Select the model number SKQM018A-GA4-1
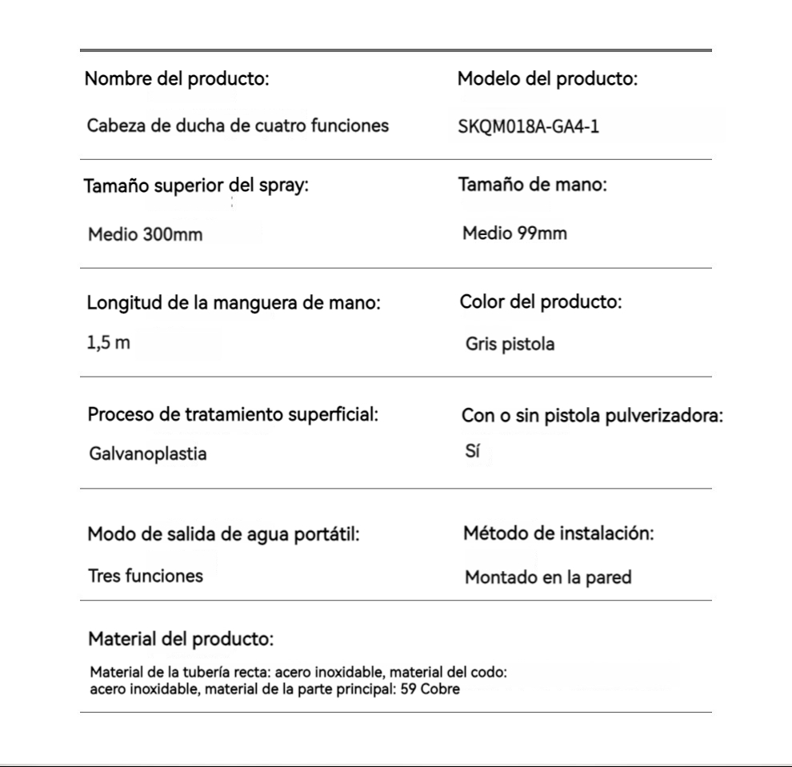point(527,127)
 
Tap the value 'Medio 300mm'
point(145,236)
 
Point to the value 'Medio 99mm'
point(514,234)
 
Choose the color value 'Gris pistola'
point(510,345)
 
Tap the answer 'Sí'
point(472,451)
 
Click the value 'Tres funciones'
point(145,576)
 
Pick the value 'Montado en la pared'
point(548,577)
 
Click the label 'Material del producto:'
point(181,640)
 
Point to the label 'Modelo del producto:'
point(547,79)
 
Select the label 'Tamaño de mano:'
point(533,185)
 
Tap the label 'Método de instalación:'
point(559,533)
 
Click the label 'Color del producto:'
point(541,303)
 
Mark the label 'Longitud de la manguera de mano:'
point(233,305)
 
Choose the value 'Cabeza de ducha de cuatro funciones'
point(238,126)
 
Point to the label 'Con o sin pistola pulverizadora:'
point(593,417)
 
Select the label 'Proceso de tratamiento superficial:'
point(233,415)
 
